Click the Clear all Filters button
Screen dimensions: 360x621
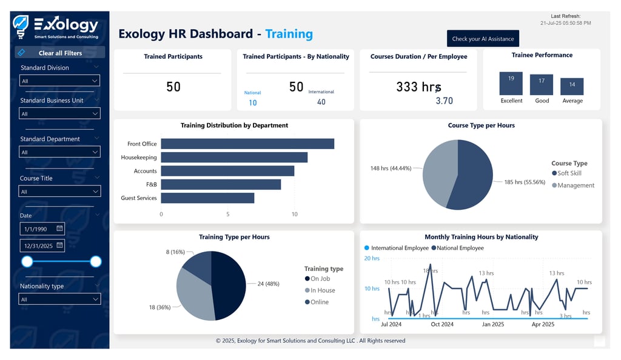pos(59,53)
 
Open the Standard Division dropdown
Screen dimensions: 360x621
pos(59,81)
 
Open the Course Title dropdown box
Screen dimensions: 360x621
pos(59,192)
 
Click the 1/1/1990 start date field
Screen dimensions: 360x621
pos(41,228)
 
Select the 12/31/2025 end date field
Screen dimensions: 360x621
pos(41,245)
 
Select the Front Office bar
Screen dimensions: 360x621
pos(247,144)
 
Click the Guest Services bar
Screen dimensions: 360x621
pos(207,198)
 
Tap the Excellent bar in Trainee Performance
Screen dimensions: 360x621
pos(511,84)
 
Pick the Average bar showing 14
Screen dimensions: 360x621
pos(572,87)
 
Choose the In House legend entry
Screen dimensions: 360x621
pos(322,290)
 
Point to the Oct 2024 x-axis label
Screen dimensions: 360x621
pos(442,324)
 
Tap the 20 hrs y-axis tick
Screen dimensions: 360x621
pos(371,258)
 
